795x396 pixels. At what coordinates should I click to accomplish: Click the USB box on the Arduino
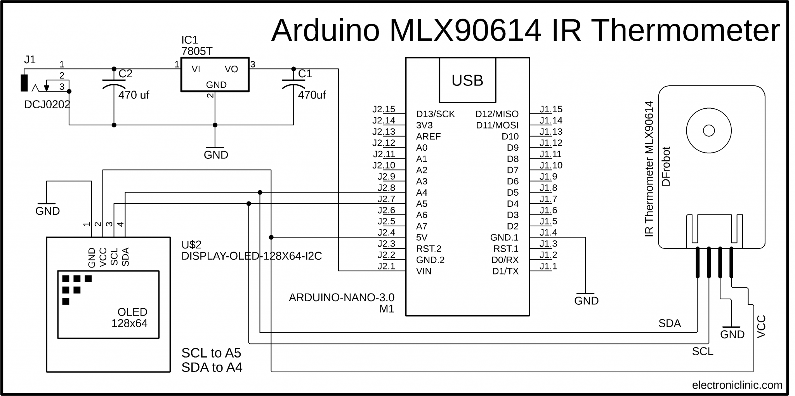tap(467, 80)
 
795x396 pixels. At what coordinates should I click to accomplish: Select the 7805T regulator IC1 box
tap(215, 75)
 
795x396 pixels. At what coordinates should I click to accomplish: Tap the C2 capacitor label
tap(125, 74)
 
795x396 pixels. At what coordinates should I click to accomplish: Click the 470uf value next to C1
tap(312, 95)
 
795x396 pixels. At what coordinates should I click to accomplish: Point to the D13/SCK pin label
tap(435, 114)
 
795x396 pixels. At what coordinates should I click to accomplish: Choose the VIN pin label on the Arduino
tap(424, 271)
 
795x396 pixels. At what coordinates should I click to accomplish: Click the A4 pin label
tap(422, 193)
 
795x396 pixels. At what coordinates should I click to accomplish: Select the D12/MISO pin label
tap(497, 114)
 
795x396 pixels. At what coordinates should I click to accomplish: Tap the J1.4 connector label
tap(548, 233)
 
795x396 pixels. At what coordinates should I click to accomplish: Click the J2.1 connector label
tap(386, 266)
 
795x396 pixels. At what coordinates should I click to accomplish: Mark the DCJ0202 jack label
tap(47, 104)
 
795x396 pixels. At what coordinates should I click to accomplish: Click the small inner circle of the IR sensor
tap(709, 130)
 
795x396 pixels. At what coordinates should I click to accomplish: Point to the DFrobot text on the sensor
tap(666, 166)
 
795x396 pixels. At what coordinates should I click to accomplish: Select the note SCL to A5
tap(211, 353)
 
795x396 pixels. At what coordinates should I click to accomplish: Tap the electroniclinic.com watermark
tap(737, 385)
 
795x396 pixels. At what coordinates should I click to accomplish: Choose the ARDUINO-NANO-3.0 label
tap(341, 298)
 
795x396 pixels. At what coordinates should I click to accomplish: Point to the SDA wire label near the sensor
tap(669, 323)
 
